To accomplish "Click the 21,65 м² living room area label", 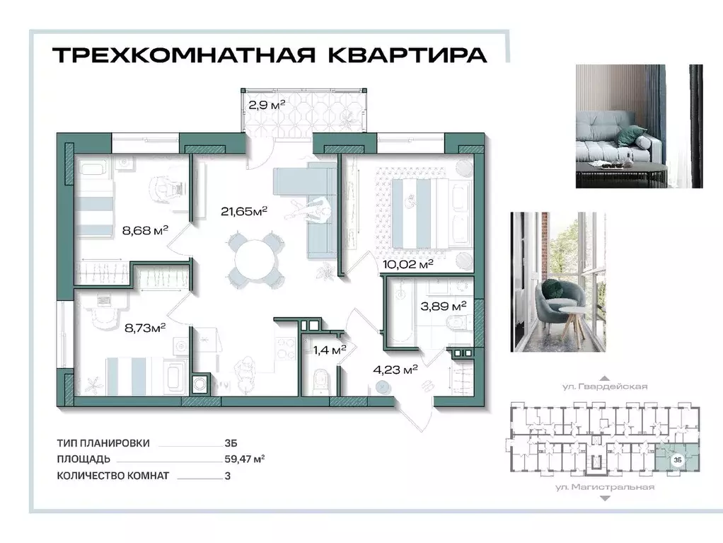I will click(245, 211).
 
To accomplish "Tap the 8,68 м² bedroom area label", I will click(145, 229).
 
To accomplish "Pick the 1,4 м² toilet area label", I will click(330, 349).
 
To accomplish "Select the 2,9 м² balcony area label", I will click(266, 105).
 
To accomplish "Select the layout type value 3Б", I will click(230, 443).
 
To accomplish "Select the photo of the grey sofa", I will click(639, 126).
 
